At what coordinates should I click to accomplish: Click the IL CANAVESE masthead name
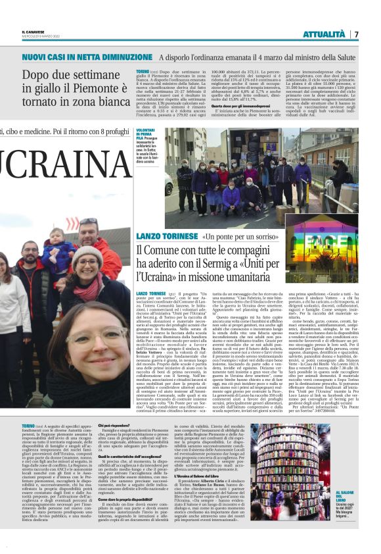coord(33,31)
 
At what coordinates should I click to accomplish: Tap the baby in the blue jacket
coord(58,253)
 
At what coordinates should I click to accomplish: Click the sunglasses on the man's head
coord(88,222)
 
